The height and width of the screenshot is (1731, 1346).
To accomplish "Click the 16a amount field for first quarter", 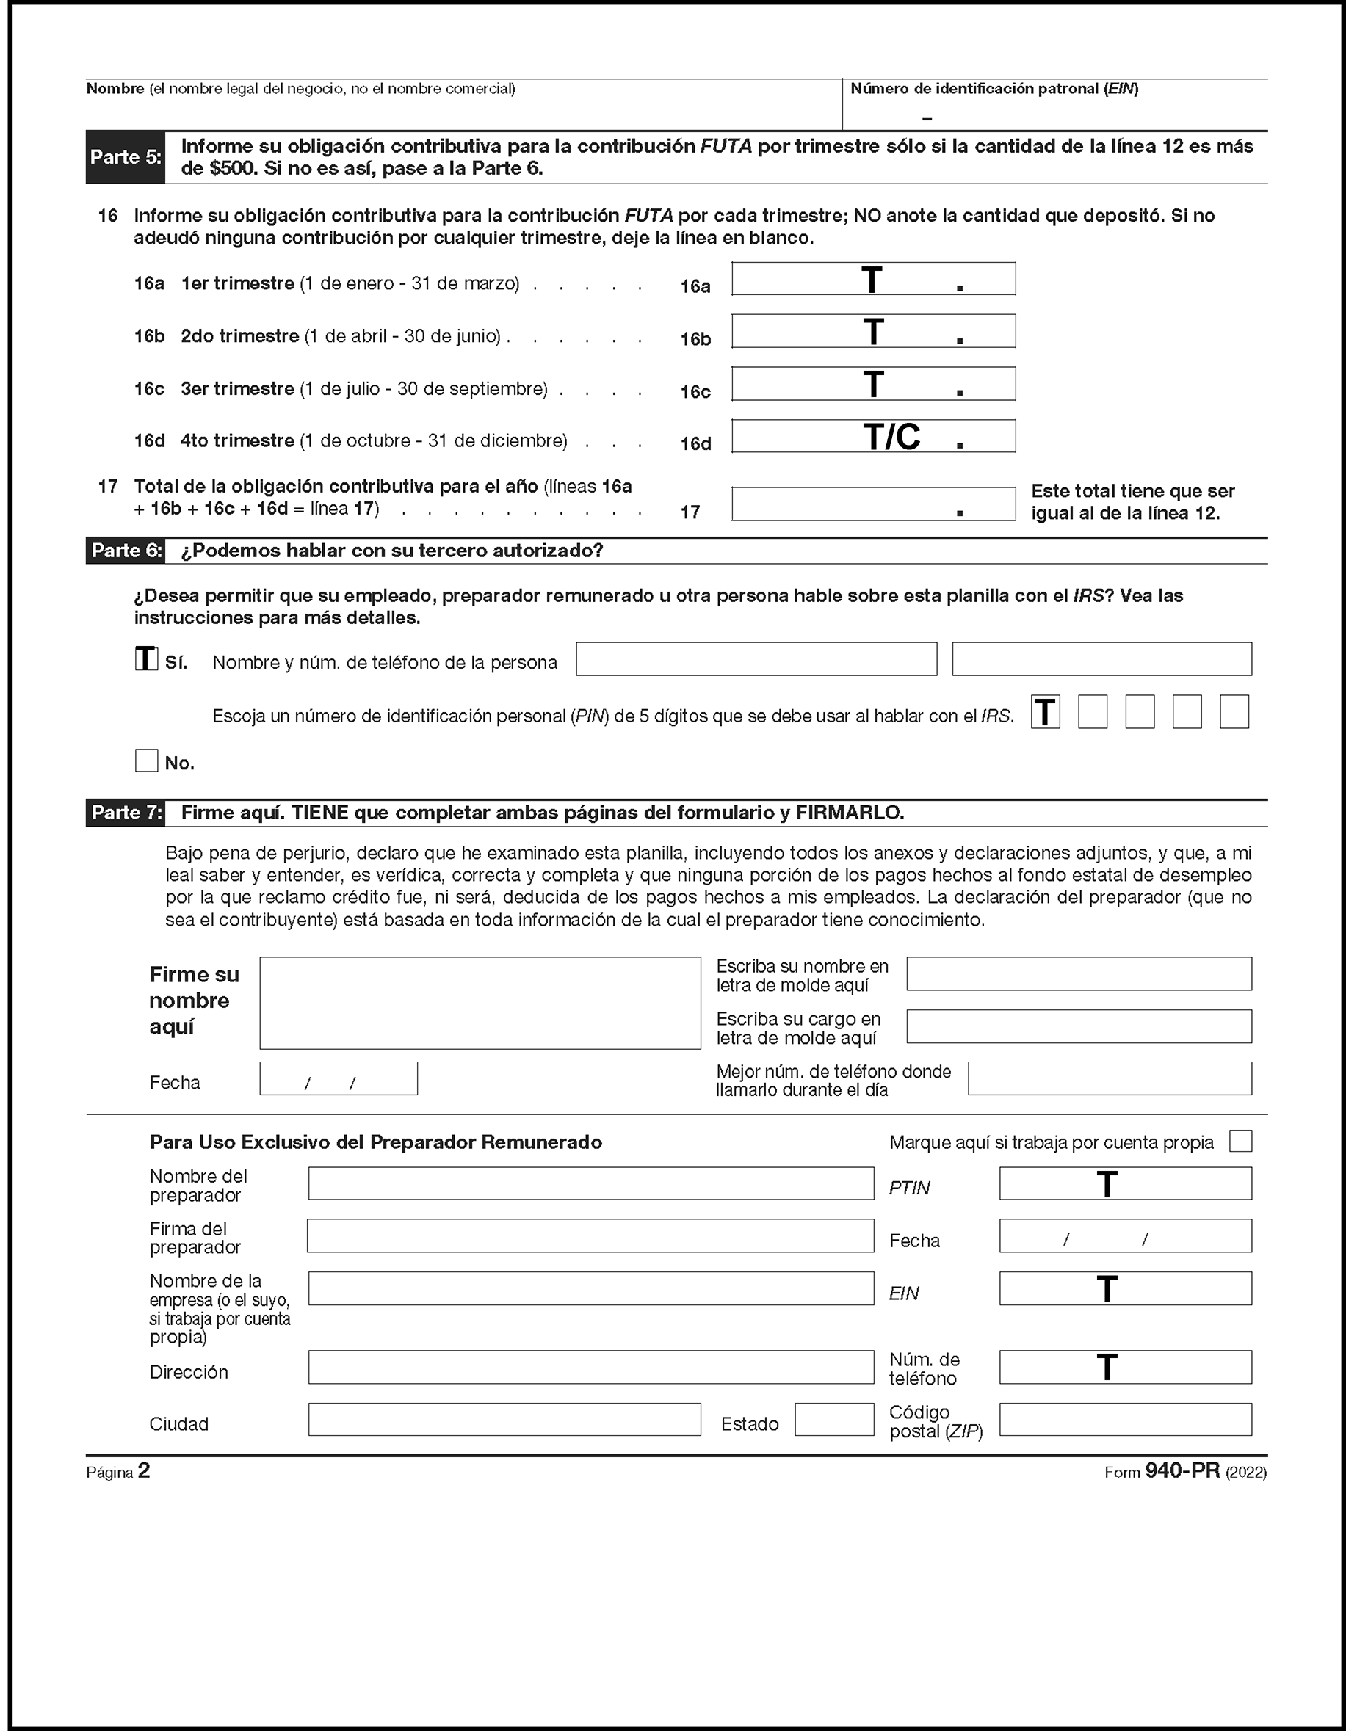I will (x=873, y=279).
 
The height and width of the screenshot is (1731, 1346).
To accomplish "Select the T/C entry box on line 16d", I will (x=873, y=436).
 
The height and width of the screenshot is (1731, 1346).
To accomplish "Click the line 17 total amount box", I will (x=873, y=504).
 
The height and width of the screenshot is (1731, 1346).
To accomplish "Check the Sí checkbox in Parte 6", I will (x=147, y=659).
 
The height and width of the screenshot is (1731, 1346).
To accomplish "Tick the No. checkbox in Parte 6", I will (x=147, y=761).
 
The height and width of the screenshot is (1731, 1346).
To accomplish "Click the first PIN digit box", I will (x=1046, y=712).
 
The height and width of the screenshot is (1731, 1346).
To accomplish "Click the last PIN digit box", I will (x=1234, y=712).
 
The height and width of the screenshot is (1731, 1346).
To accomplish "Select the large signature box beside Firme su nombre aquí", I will (x=480, y=1003).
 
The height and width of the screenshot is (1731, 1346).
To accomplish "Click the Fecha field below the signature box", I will (x=339, y=1078).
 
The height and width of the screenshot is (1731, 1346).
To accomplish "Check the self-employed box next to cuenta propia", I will (x=1240, y=1142).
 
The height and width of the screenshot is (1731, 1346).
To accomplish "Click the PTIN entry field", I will (x=1125, y=1183).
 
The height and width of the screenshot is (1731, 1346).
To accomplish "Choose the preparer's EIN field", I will (x=1125, y=1289).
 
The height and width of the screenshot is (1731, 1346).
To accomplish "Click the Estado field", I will (x=834, y=1420).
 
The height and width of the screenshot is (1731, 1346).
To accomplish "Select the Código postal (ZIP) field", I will (x=1125, y=1420).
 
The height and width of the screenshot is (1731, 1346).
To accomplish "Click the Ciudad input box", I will (x=504, y=1420).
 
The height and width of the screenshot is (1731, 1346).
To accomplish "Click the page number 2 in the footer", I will (x=143, y=1471).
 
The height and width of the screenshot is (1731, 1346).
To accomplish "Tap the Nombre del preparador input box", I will (x=590, y=1183).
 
